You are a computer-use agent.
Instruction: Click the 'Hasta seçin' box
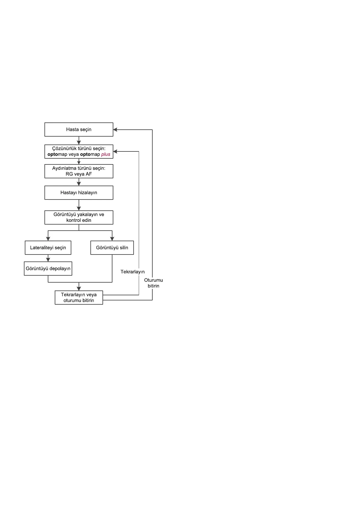[79, 129]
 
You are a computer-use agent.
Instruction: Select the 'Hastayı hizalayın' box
[79, 193]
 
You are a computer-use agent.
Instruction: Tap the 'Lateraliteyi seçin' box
[48, 248]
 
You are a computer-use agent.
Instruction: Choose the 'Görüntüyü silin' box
[112, 248]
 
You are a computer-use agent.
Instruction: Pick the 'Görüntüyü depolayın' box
[48, 268]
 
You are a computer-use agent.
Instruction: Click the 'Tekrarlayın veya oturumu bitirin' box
[79, 297]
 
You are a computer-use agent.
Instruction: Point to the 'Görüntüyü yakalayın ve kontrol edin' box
[79, 217]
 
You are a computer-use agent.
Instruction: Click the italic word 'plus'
[106, 154]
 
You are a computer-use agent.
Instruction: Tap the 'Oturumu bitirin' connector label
[154, 283]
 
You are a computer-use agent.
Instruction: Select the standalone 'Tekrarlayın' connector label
[132, 272]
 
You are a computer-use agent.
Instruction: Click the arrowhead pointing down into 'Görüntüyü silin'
[112, 239]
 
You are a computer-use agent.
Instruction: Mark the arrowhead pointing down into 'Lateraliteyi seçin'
[48, 239]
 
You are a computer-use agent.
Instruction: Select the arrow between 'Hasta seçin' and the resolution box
[79, 141]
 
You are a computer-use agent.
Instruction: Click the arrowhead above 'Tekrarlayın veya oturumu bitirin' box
[79, 289]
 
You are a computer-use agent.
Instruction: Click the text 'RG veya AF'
[79, 174]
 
